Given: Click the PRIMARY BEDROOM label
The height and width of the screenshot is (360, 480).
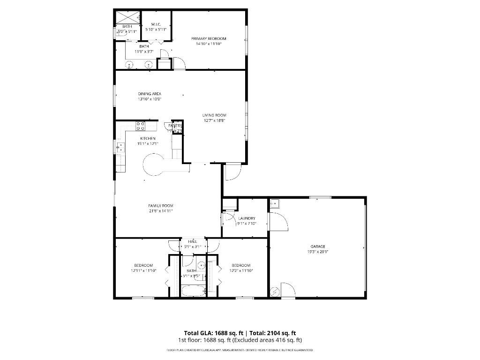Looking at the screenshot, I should coord(209,38).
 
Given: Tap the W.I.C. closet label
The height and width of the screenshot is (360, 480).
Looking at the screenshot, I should coord(157,24).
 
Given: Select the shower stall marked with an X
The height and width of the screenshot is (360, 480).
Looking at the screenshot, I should coord(127,17).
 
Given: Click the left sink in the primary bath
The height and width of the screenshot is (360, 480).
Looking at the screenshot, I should coord(130,65).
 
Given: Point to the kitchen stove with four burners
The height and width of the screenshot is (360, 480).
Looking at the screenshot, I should coord(140,126).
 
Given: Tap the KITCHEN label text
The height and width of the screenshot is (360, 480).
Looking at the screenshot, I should coord(148,138).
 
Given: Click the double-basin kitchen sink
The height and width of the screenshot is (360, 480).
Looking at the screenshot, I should coord(120,147).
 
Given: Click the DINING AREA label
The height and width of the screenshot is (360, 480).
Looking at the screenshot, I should coord(150,94).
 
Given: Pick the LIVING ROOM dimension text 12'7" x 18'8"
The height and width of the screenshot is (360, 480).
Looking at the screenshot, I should coord(214,120).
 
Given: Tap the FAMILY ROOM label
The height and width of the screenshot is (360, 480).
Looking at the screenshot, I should coord(161,206).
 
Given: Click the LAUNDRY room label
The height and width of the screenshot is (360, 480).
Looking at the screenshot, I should coord(247,218).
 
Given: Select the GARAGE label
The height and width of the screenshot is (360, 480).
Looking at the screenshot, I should coord(317,247).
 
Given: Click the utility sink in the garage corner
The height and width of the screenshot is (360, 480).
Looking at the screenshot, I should coord(275,203).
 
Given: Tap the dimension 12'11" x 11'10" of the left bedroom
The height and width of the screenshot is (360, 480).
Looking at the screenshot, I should coord(143,270).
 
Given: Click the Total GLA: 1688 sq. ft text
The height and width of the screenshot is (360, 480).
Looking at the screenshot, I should coord(213,333).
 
